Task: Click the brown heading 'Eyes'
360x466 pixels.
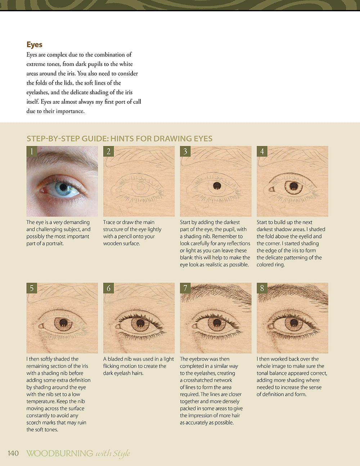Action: pos(34,45)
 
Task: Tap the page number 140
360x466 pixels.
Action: pos(13,453)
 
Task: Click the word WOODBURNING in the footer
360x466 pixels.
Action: pos(60,453)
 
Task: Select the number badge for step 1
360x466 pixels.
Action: pos(32,151)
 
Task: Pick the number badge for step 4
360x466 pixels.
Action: pos(262,151)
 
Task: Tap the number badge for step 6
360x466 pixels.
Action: pos(108,288)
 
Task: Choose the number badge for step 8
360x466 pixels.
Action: pos(262,288)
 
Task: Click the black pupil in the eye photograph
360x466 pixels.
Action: pos(63,187)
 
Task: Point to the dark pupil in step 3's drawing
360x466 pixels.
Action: pos(217,186)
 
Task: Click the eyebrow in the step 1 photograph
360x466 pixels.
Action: pos(64,159)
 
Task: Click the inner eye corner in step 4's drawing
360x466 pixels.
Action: pos(272,189)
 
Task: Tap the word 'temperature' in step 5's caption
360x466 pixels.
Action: pos(40,401)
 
